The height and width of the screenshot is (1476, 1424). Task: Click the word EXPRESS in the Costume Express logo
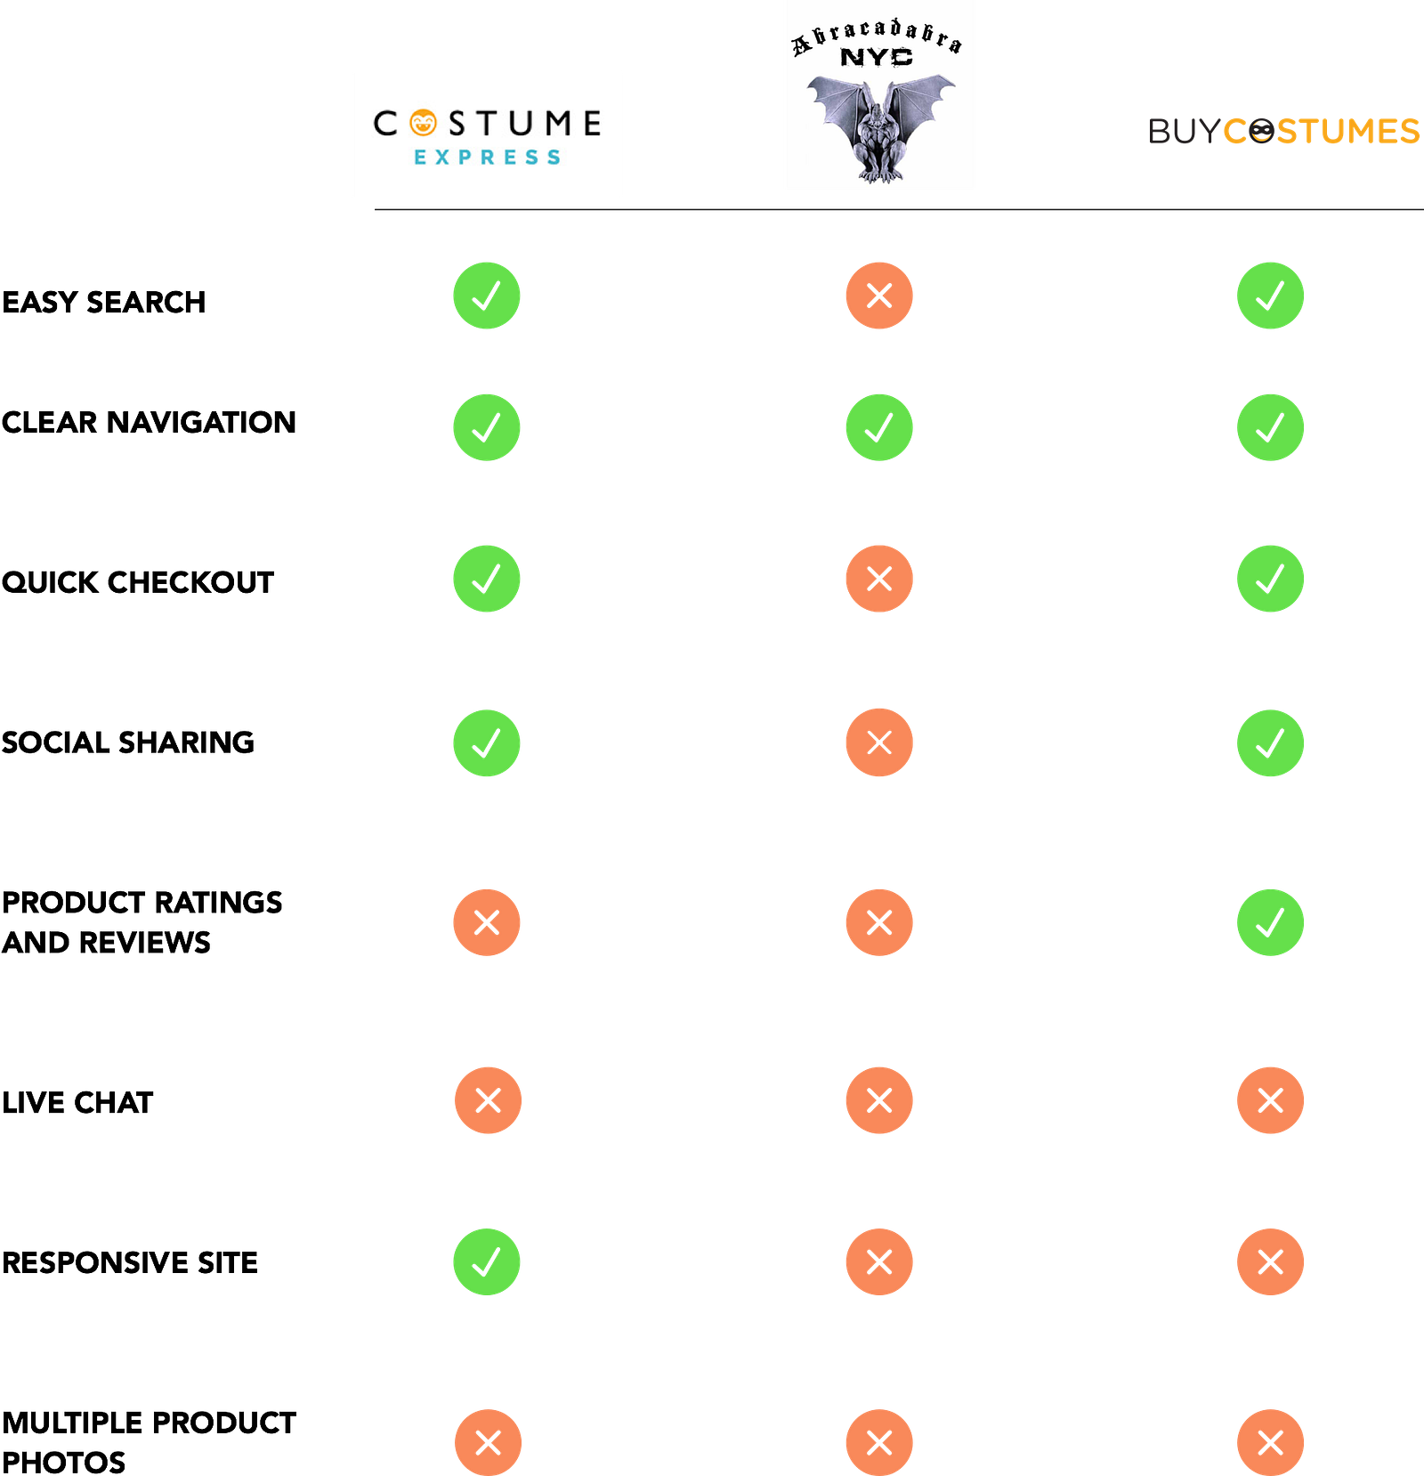pyautogui.click(x=487, y=158)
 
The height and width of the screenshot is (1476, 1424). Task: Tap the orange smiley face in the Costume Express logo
pyautogui.click(x=424, y=123)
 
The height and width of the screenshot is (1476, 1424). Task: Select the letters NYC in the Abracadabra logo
pyautogui.click(x=877, y=58)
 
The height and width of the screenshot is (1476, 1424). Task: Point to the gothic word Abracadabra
pyautogui.click(x=878, y=36)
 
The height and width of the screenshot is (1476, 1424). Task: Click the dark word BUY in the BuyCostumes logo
pyautogui.click(x=1184, y=132)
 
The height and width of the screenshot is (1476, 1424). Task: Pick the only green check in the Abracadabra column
pyautogui.click(x=878, y=427)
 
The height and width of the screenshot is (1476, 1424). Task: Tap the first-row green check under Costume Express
pyautogui.click(x=487, y=296)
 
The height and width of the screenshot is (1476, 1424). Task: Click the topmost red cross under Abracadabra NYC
pyautogui.click(x=878, y=296)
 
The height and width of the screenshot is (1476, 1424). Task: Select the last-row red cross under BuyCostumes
pyautogui.click(x=1270, y=1441)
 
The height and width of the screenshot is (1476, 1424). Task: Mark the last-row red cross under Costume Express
pyautogui.click(x=488, y=1441)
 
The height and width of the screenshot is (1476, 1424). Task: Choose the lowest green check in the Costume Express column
pyautogui.click(x=487, y=1261)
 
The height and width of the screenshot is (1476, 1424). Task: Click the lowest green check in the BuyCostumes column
pyautogui.click(x=1270, y=922)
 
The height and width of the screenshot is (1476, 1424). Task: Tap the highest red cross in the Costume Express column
pyautogui.click(x=487, y=922)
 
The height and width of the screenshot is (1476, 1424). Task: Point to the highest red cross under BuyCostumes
pyautogui.click(x=1270, y=1100)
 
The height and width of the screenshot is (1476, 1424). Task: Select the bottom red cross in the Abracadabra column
pyautogui.click(x=878, y=1441)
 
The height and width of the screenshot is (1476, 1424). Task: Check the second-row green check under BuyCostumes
pyautogui.click(x=1270, y=427)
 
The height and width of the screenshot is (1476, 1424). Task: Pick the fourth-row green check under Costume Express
pyautogui.click(x=487, y=743)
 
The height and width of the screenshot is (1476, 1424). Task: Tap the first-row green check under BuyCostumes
pyautogui.click(x=1270, y=296)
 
